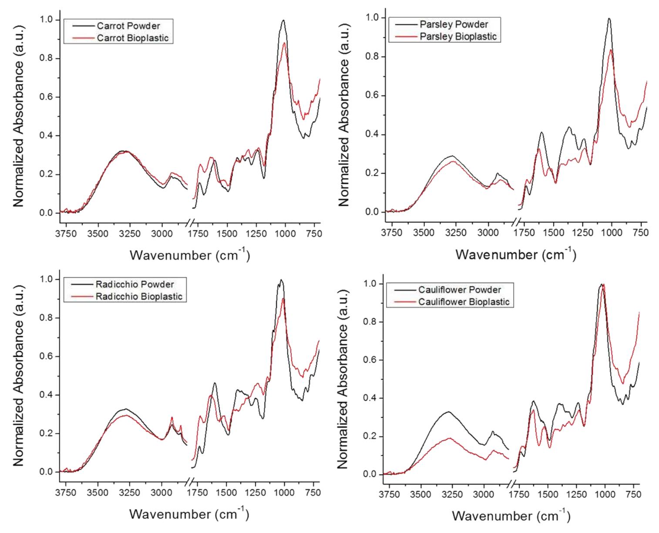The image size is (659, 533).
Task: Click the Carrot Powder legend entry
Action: pos(128,26)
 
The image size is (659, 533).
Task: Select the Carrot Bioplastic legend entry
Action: pos(132,38)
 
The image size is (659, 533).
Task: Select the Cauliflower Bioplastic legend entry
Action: pos(463,302)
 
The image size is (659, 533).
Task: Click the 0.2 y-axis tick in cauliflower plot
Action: pos(371,436)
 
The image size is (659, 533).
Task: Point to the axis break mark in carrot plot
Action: pos(190,223)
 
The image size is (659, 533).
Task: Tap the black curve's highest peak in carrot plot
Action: pos(283,20)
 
